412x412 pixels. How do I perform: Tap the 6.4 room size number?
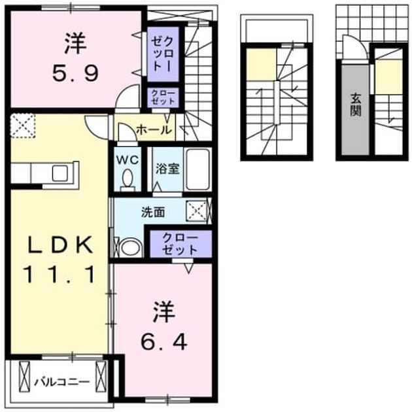(164, 342)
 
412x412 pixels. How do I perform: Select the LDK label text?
(60, 245)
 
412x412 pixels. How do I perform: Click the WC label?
(128, 160)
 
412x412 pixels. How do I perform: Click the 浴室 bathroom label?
(167, 169)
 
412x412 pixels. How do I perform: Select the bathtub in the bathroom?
(198, 169)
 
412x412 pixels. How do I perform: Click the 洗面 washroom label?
(153, 212)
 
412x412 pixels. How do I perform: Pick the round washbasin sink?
(131, 247)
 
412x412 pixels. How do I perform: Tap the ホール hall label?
(154, 129)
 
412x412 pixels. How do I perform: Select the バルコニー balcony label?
(62, 382)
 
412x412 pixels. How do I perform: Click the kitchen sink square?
(60, 173)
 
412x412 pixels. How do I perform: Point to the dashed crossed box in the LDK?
(23, 126)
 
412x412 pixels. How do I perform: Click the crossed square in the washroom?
(197, 211)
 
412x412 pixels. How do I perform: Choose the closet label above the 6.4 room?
(180, 243)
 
